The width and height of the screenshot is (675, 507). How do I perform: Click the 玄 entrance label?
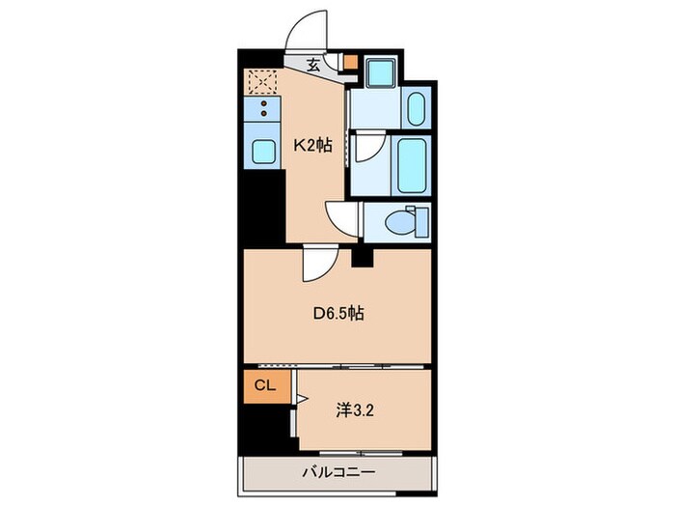[313, 66]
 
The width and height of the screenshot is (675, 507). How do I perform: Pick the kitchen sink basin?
[263, 150]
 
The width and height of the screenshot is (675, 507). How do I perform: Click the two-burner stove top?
[263, 107]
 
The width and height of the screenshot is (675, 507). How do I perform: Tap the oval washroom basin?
[417, 108]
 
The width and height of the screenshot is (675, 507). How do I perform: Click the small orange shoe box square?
[351, 65]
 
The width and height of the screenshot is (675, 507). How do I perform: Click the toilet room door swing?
[342, 216]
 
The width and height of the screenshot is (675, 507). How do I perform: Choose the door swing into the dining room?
[318, 262]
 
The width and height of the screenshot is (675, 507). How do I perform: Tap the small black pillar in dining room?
[362, 257]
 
